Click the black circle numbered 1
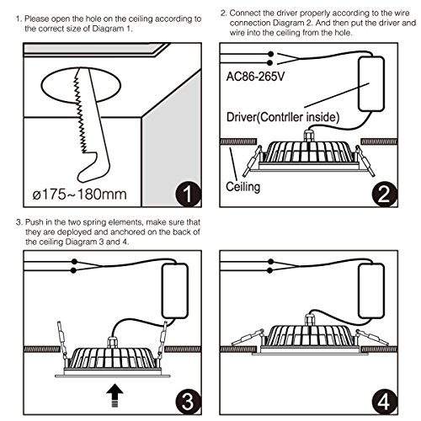pyautogui.click(x=188, y=194)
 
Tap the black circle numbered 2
pyautogui.click(x=384, y=194)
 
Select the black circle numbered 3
pyautogui.click(x=188, y=402)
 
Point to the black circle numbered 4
pyautogui.click(x=384, y=402)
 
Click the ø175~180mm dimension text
pyautogui.click(x=79, y=195)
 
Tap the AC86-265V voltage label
pyautogui.click(x=255, y=77)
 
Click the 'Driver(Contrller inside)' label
pyautogui.click(x=283, y=117)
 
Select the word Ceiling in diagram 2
pyautogui.click(x=243, y=187)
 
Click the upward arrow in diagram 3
pyautogui.click(x=115, y=396)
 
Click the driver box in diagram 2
pyautogui.click(x=371, y=84)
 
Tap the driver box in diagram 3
pyautogui.click(x=175, y=290)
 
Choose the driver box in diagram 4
pyautogui.click(x=371, y=290)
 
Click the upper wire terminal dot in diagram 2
pyautogui.click(x=270, y=54)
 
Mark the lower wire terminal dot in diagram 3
pyautogui.click(x=74, y=270)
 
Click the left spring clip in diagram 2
pyautogui.click(x=252, y=161)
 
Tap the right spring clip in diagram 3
pyautogui.click(x=163, y=340)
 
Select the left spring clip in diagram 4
pyautogui.click(x=248, y=338)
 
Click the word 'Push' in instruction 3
pyautogui.click(x=35, y=222)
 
